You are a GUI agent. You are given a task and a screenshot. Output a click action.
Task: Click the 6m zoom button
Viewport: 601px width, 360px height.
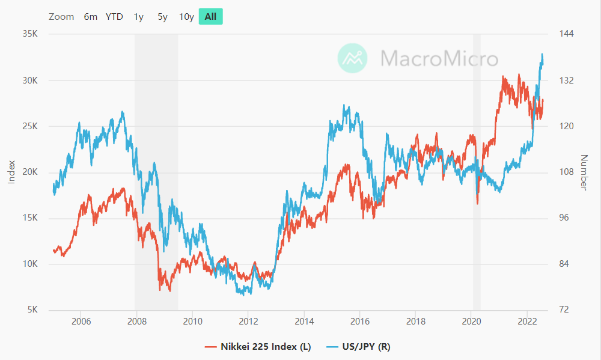point(91,17)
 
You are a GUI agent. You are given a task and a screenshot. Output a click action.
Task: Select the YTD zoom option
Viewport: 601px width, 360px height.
point(114,17)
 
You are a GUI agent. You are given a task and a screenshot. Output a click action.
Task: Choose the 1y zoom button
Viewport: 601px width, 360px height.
point(139,17)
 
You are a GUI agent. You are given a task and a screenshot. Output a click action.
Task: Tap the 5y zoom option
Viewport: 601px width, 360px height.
point(162,17)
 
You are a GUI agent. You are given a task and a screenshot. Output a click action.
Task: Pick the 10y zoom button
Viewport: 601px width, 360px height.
point(186,17)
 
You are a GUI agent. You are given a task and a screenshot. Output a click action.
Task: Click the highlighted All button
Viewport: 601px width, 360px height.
point(210,17)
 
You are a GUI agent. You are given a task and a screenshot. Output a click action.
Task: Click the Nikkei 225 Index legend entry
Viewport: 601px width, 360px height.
point(258,346)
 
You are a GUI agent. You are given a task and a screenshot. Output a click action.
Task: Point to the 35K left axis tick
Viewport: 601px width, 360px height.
point(30,34)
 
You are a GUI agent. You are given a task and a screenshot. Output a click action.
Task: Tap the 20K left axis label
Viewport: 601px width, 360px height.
point(30,172)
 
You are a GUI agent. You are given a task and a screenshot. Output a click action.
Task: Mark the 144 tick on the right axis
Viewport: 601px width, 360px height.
point(567,34)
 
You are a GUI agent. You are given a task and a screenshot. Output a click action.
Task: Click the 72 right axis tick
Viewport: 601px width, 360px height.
point(564,310)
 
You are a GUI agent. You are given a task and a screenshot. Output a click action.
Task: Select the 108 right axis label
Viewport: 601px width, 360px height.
point(567,172)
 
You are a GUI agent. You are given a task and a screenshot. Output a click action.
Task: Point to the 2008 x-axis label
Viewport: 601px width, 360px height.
point(136,321)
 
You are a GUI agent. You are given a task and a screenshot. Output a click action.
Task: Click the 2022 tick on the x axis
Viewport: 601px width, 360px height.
point(527,321)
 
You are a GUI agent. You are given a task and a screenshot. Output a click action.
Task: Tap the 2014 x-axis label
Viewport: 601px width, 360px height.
point(304,321)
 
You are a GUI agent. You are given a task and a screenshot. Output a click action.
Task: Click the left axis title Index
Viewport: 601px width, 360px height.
point(11,172)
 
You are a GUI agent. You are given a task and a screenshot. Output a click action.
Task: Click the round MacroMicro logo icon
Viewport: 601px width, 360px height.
point(353,58)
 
